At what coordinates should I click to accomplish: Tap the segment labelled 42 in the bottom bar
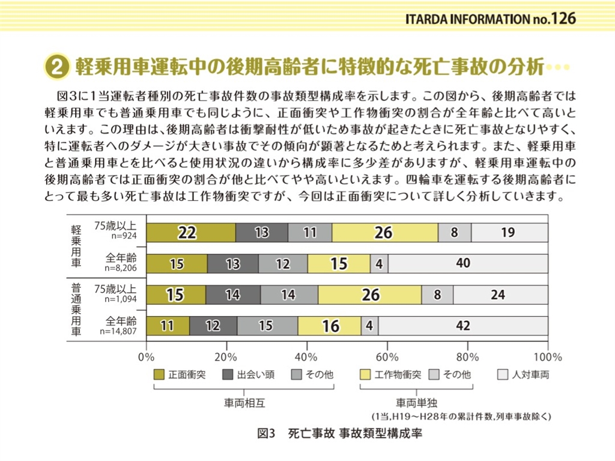[463, 326]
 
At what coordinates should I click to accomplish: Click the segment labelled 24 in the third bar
[501, 295]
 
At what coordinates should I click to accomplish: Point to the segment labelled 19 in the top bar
[509, 233]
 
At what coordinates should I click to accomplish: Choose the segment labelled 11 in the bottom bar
[168, 326]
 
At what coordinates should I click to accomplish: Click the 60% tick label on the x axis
[387, 357]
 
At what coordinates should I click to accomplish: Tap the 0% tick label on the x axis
[147, 357]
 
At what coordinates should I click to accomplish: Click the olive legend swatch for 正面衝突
[159, 374]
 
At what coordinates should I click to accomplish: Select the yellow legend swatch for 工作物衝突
[365, 374]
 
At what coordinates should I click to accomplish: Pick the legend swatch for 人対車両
[503, 374]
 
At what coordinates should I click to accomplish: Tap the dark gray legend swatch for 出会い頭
[228, 374]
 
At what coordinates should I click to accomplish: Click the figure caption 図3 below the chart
[265, 433]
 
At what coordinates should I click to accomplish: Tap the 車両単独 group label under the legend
[416, 403]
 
